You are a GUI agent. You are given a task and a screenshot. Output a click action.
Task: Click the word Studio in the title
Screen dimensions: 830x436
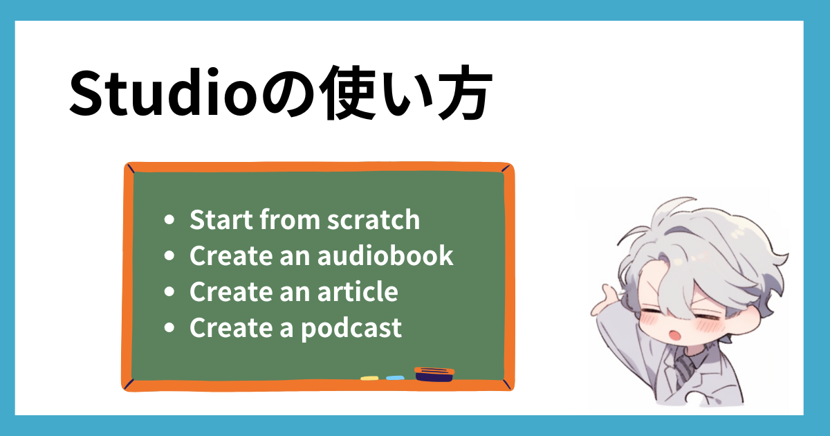point(163,93)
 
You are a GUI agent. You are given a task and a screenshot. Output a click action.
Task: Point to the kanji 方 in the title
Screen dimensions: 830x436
point(465,93)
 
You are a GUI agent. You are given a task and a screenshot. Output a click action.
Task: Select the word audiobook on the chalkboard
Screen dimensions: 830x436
point(385,255)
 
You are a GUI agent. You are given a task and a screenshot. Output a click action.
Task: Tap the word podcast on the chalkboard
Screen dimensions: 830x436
point(351,329)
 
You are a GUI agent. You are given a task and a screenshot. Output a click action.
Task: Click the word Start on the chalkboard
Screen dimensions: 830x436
point(221,219)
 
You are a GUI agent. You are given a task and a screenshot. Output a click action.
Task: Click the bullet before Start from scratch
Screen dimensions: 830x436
point(169,220)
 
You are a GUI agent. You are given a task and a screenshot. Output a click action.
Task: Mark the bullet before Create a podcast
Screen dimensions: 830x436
point(169,328)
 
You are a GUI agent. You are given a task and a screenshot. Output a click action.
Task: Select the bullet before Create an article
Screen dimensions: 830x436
point(169,292)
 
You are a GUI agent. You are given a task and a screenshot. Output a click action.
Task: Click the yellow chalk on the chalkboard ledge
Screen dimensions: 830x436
point(369,378)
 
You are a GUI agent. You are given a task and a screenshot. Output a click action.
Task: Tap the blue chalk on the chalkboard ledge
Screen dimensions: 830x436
point(395,378)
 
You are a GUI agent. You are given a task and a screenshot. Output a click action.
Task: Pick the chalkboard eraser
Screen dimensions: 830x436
point(434,374)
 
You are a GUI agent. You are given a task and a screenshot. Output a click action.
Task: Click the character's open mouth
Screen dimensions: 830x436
point(674,335)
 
